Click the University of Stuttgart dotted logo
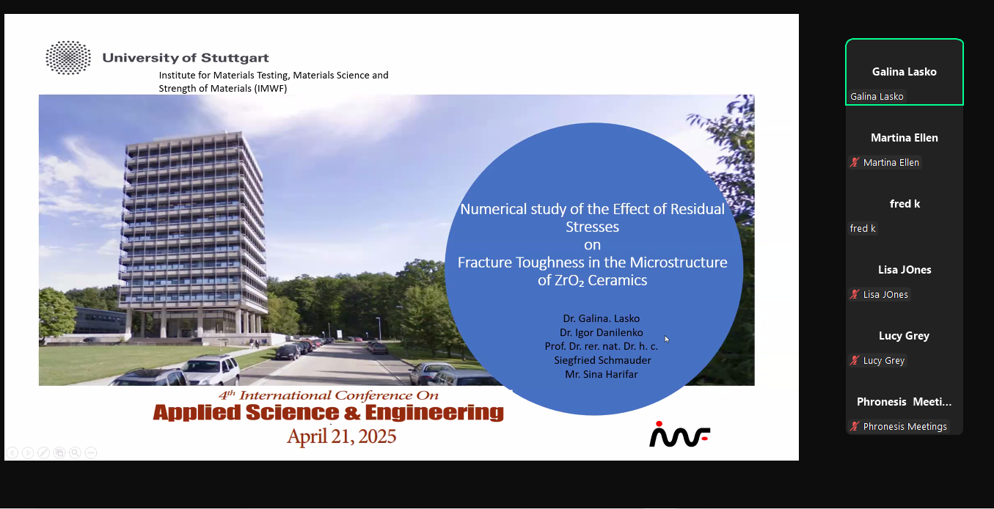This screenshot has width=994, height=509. [68, 58]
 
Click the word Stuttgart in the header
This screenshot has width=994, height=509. [235, 58]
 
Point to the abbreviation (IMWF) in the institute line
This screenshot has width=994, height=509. [271, 88]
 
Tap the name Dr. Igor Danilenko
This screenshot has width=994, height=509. [602, 332]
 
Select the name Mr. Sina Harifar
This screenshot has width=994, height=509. [602, 374]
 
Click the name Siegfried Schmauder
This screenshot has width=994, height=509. [602, 360]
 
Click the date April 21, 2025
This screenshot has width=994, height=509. [341, 436]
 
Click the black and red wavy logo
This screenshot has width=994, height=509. [679, 434]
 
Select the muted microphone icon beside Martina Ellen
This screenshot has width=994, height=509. [855, 162]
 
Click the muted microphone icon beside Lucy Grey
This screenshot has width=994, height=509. [855, 360]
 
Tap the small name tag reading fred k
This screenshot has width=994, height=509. [863, 229]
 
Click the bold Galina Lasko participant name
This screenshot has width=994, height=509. [905, 72]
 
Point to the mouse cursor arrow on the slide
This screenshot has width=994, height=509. [667, 339]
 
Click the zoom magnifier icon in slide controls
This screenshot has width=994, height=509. [75, 453]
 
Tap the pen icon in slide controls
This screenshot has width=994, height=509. [43, 453]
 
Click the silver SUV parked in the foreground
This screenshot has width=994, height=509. [211, 367]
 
